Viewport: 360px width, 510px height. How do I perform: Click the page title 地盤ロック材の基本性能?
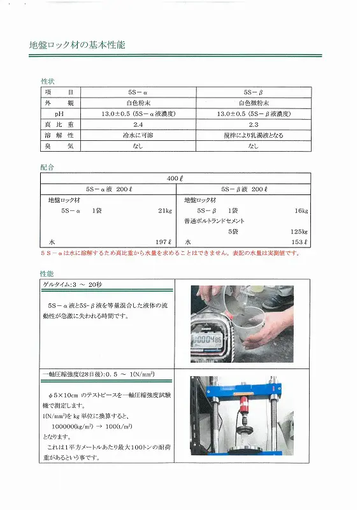pyautogui.click(x=78, y=46)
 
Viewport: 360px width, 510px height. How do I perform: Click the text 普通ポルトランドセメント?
pyautogui.click(x=214, y=221)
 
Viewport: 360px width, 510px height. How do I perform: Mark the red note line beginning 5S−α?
pyautogui.click(x=169, y=253)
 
